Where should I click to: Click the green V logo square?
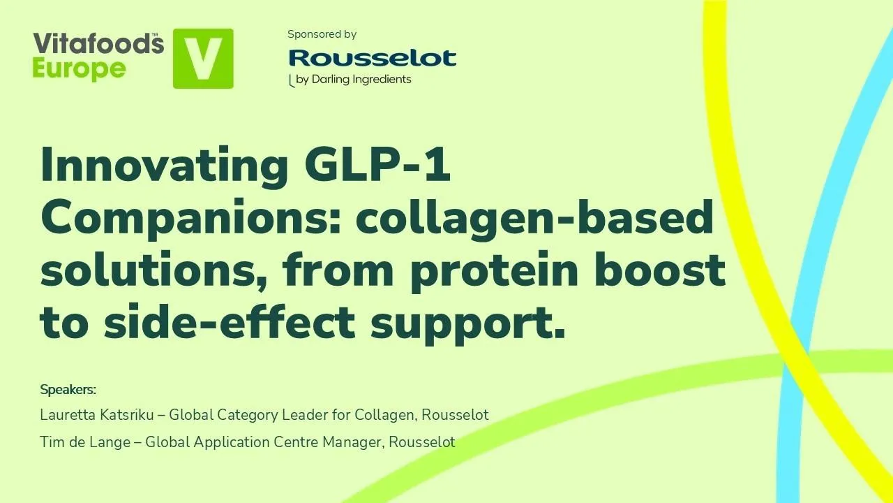203,59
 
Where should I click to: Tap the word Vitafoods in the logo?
98,44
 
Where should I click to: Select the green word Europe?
79,69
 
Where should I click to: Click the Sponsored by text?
322,34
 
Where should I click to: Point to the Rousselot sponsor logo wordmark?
373,57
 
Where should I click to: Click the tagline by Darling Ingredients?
353,79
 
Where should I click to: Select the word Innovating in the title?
165,165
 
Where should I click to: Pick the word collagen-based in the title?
535,218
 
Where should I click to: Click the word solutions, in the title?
154,271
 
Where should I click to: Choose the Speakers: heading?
68,389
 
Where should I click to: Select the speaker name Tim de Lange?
84,442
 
